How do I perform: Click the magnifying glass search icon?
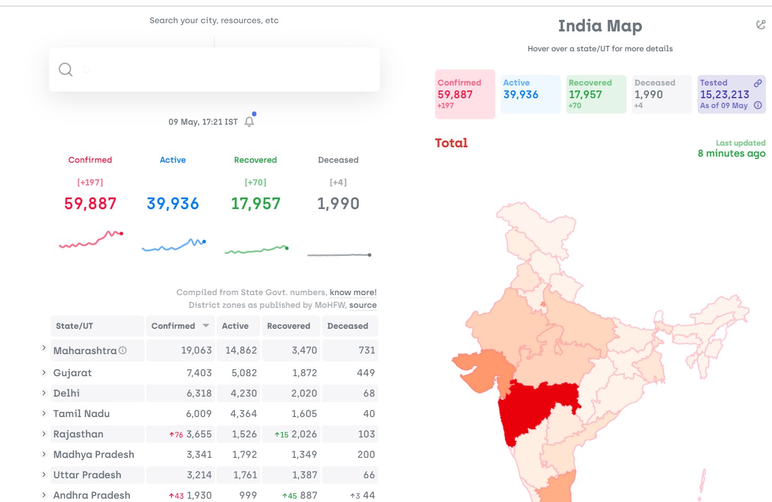(65, 70)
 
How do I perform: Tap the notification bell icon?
(249, 122)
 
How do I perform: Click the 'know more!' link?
(353, 292)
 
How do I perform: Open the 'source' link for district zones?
(363, 305)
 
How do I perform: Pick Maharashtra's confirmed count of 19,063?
(196, 350)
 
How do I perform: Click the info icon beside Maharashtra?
(122, 350)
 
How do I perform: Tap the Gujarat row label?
(72, 373)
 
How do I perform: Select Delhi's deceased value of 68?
(369, 393)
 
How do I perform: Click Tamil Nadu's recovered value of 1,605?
(304, 413)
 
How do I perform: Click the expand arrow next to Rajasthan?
(44, 434)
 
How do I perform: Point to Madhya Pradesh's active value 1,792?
(244, 455)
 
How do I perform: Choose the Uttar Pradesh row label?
(87, 475)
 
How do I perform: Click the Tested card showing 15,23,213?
(731, 94)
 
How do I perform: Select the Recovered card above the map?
(596, 94)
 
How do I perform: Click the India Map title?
(600, 26)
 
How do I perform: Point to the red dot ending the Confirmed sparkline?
(121, 233)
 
